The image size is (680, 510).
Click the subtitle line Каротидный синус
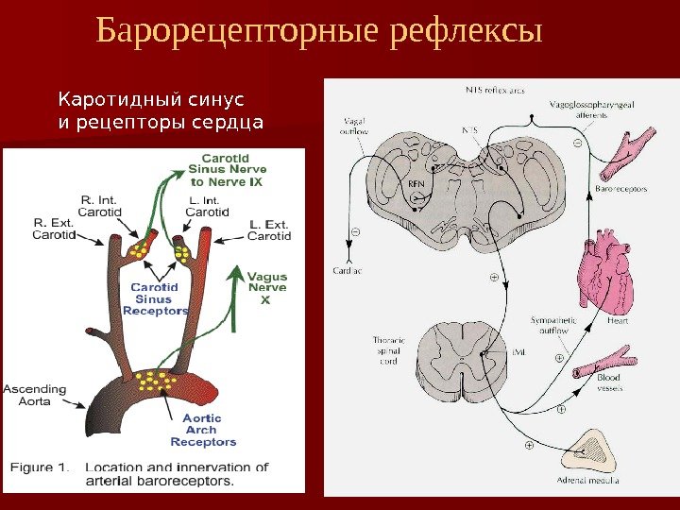[x=151, y=98]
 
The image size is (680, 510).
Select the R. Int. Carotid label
[x=101, y=206]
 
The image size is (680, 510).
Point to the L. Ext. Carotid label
[x=269, y=229]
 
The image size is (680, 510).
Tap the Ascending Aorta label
[x=35, y=394]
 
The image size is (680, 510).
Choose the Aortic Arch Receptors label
[x=203, y=430]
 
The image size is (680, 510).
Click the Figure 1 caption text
[x=139, y=473]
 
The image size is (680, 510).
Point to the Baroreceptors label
[x=622, y=188]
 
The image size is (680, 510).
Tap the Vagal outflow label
[x=355, y=127]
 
